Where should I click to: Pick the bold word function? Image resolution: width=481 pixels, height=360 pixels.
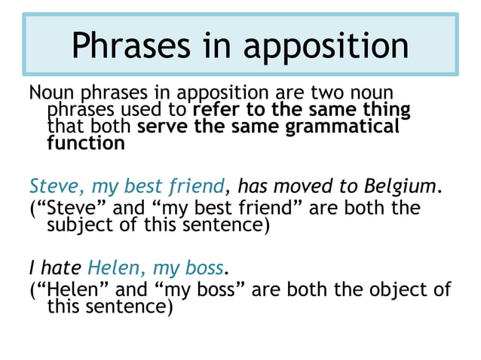coord(85,143)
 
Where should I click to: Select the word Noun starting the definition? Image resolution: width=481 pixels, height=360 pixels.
coord(50,94)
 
